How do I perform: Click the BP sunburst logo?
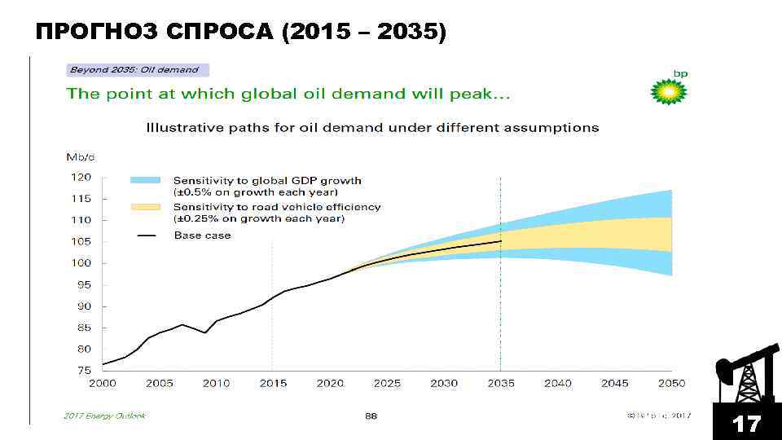[669, 90]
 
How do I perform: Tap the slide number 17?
[746, 424]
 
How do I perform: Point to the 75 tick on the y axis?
[83, 370]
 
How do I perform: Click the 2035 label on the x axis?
[500, 383]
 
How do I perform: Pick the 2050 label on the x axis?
[671, 383]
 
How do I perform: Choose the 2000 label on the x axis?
[102, 383]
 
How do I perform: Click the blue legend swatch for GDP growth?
[147, 180]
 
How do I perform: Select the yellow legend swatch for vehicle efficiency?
[147, 207]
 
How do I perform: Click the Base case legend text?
[202, 235]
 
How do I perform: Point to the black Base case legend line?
[147, 235]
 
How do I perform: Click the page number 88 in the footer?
[371, 416]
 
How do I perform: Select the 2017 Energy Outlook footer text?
[104, 416]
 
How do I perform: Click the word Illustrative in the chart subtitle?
[178, 128]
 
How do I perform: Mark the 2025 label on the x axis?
[387, 383]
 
